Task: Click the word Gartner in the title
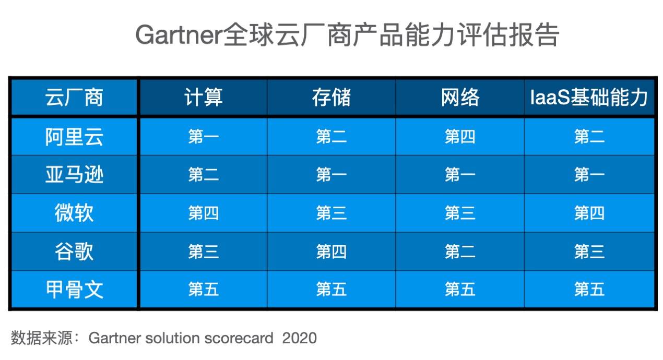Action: tap(179, 35)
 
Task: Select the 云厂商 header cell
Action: tap(74, 97)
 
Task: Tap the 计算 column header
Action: tap(204, 97)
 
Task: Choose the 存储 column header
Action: tap(331, 97)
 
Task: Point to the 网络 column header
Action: tap(460, 97)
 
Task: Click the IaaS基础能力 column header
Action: tap(589, 97)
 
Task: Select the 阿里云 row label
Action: tap(74, 137)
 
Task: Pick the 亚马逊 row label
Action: tap(74, 174)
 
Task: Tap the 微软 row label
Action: tap(74, 213)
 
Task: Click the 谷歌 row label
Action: tap(74, 251)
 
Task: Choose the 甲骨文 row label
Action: tap(74, 289)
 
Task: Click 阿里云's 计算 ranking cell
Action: tap(204, 137)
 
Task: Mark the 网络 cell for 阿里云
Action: tap(460, 137)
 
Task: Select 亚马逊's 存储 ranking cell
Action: tap(331, 174)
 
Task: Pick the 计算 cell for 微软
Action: tap(204, 213)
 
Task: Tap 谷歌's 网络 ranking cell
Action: tap(460, 251)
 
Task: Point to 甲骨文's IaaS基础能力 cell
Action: tap(589, 289)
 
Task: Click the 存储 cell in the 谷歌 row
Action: tap(331, 251)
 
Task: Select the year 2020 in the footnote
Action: tap(299, 338)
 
